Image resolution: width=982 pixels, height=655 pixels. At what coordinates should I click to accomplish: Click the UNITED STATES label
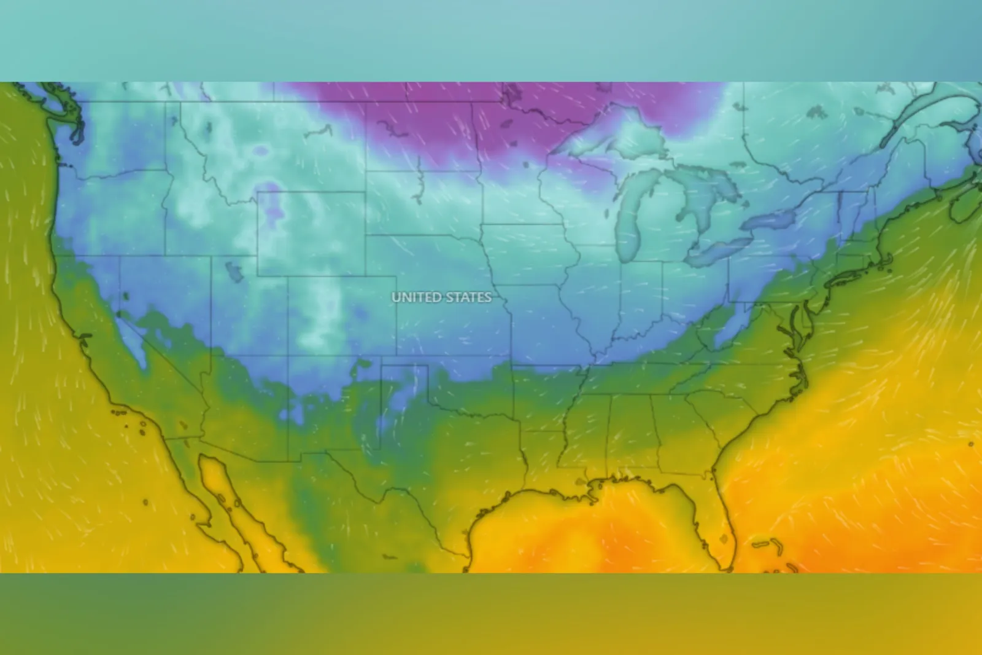[x=441, y=297]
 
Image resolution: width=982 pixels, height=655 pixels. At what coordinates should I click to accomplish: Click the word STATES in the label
[x=468, y=297]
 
